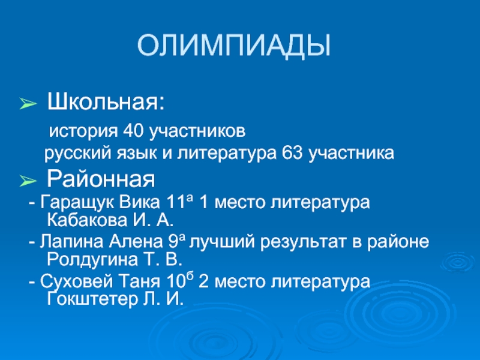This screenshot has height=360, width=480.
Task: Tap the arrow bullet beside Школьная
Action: coord(29,104)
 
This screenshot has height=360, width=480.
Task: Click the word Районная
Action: coord(101,178)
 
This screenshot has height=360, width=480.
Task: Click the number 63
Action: coord(291,154)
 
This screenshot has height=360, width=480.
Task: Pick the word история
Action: coord(84,130)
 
